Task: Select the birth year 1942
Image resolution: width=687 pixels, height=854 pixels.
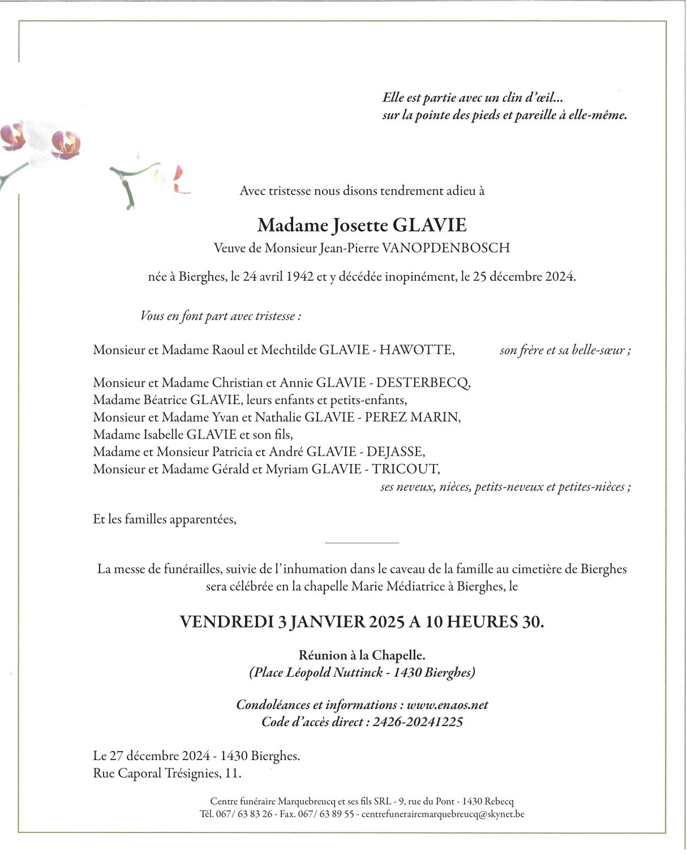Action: [300, 277]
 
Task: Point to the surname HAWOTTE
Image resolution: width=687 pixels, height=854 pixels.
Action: [417, 350]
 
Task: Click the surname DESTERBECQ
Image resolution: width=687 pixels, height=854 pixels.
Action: [423, 383]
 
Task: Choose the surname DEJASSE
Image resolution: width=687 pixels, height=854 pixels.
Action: [396, 452]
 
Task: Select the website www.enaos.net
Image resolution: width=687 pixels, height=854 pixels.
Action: [447, 705]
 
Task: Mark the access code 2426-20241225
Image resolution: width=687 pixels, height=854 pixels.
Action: [418, 722]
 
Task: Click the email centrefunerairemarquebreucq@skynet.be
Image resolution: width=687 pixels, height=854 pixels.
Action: [443, 814]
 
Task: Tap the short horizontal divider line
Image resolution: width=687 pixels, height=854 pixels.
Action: [362, 543]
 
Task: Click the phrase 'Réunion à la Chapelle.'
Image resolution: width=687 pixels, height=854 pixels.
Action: [362, 655]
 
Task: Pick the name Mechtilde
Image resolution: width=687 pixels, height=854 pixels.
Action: [288, 350]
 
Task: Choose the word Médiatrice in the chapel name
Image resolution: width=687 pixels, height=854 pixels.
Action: [415, 586]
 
